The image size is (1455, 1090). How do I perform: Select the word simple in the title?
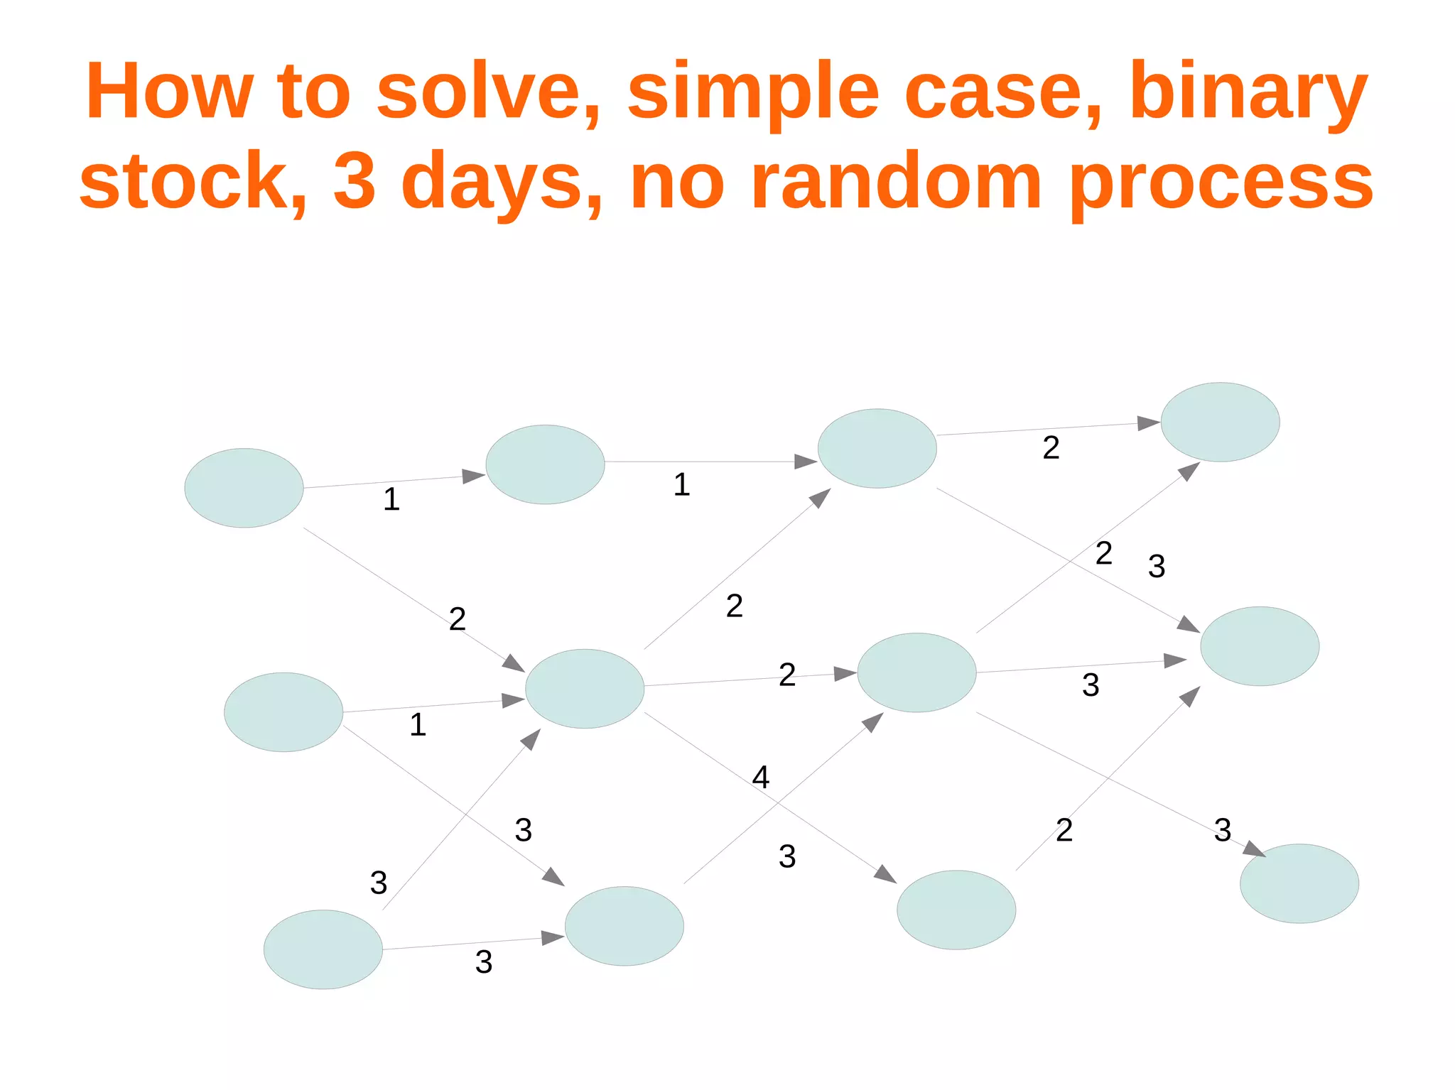point(753,92)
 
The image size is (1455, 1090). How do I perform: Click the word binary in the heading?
point(1248,92)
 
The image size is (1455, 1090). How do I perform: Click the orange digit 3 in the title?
point(354,180)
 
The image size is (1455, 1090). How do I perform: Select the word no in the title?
point(678,180)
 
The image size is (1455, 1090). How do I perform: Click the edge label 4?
point(760,778)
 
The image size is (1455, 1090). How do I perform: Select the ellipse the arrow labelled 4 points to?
point(956,910)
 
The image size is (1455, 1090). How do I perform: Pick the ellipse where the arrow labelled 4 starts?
point(585,688)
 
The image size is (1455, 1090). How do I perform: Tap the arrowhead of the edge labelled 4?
point(887,874)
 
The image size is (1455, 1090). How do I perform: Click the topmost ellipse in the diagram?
point(1220,422)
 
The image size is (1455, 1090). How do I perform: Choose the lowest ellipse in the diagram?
point(323,949)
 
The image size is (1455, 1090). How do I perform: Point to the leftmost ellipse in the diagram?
point(244,488)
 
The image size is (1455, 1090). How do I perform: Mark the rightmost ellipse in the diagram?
point(1299,883)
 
